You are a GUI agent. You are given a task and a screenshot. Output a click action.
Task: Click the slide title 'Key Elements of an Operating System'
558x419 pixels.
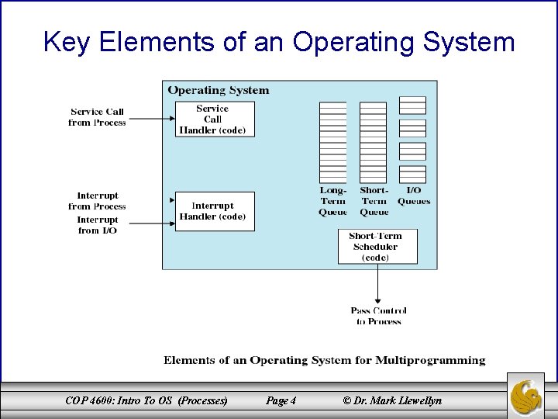point(279,41)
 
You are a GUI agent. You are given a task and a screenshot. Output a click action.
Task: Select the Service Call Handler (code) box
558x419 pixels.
point(215,119)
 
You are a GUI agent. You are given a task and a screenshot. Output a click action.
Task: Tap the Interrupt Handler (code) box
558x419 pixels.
point(215,211)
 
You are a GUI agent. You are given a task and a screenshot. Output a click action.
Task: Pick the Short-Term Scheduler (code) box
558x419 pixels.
point(377,246)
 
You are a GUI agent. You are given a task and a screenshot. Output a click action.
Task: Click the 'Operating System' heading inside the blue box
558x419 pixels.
point(219,90)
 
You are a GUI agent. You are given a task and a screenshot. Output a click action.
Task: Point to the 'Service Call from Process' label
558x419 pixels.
point(97,117)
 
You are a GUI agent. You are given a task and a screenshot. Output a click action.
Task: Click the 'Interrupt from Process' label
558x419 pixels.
point(98,201)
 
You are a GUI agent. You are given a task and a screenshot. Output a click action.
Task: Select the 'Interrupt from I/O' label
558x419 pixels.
point(98,225)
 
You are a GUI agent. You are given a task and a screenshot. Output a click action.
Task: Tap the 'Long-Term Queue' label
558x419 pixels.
point(333,201)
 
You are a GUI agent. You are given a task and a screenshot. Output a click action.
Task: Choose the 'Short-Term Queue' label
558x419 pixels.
point(374,201)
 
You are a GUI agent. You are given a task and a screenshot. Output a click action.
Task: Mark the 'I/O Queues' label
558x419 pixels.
point(413,196)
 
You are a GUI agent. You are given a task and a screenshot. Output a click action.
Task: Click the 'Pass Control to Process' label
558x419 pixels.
point(378,316)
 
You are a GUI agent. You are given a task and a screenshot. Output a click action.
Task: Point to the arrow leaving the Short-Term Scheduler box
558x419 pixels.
point(377,284)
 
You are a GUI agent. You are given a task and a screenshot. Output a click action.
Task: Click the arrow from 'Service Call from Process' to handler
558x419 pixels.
point(150,119)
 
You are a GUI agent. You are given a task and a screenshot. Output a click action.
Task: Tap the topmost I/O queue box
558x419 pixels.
point(412,105)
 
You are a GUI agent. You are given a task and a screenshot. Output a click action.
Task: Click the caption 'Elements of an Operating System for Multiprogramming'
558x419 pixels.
point(324,360)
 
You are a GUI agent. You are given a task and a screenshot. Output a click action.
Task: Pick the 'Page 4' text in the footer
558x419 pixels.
point(281,400)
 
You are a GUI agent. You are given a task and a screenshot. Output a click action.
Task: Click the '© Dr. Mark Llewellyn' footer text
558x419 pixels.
point(392,400)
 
